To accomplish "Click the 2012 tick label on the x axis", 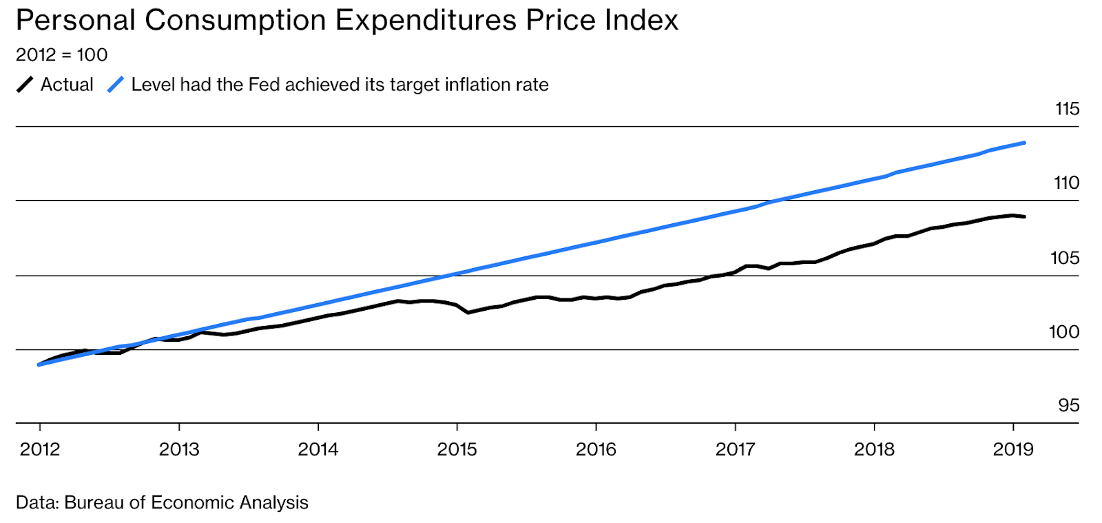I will pos(40,449).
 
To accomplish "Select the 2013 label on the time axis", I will pos(179,449).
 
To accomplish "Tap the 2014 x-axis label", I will pos(318,449).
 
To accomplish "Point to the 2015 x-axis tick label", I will pos(457,449).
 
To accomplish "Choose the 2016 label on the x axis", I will pos(596,449).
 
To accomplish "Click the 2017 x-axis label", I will pos(735,449).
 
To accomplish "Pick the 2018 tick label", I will pos(874,449).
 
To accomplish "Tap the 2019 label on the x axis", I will pos(1013,449).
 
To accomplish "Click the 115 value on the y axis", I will pos(1067,109).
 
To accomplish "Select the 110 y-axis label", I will pos(1066,183).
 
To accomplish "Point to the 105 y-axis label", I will pos(1065,258).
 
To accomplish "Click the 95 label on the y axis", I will pos(1069,405).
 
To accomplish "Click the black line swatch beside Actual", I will pos(25,85).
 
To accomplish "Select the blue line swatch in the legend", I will pos(116,85).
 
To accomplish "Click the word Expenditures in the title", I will pos(426,21).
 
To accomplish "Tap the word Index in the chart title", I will pos(641,21).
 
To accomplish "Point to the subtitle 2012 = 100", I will pos(61,54).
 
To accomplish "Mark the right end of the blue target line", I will pos(1025,143).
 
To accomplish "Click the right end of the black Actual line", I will pos(1025,217).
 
